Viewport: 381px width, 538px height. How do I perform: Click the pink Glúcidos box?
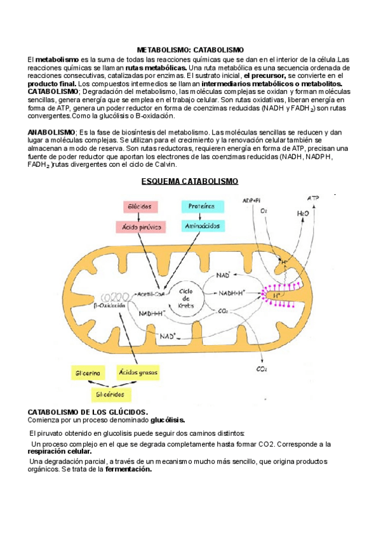(139, 207)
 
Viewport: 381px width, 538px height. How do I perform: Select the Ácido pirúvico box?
(139, 226)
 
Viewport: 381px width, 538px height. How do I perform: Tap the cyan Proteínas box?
(202, 207)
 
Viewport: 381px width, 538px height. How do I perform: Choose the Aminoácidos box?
(202, 226)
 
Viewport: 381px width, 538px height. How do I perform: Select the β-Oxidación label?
(109, 305)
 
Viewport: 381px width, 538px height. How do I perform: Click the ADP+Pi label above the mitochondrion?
(251, 200)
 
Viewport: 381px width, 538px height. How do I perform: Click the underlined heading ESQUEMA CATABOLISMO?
(190, 181)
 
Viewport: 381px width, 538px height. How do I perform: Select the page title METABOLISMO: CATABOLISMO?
(190, 49)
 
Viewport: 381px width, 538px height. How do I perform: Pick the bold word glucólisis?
(168, 419)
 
